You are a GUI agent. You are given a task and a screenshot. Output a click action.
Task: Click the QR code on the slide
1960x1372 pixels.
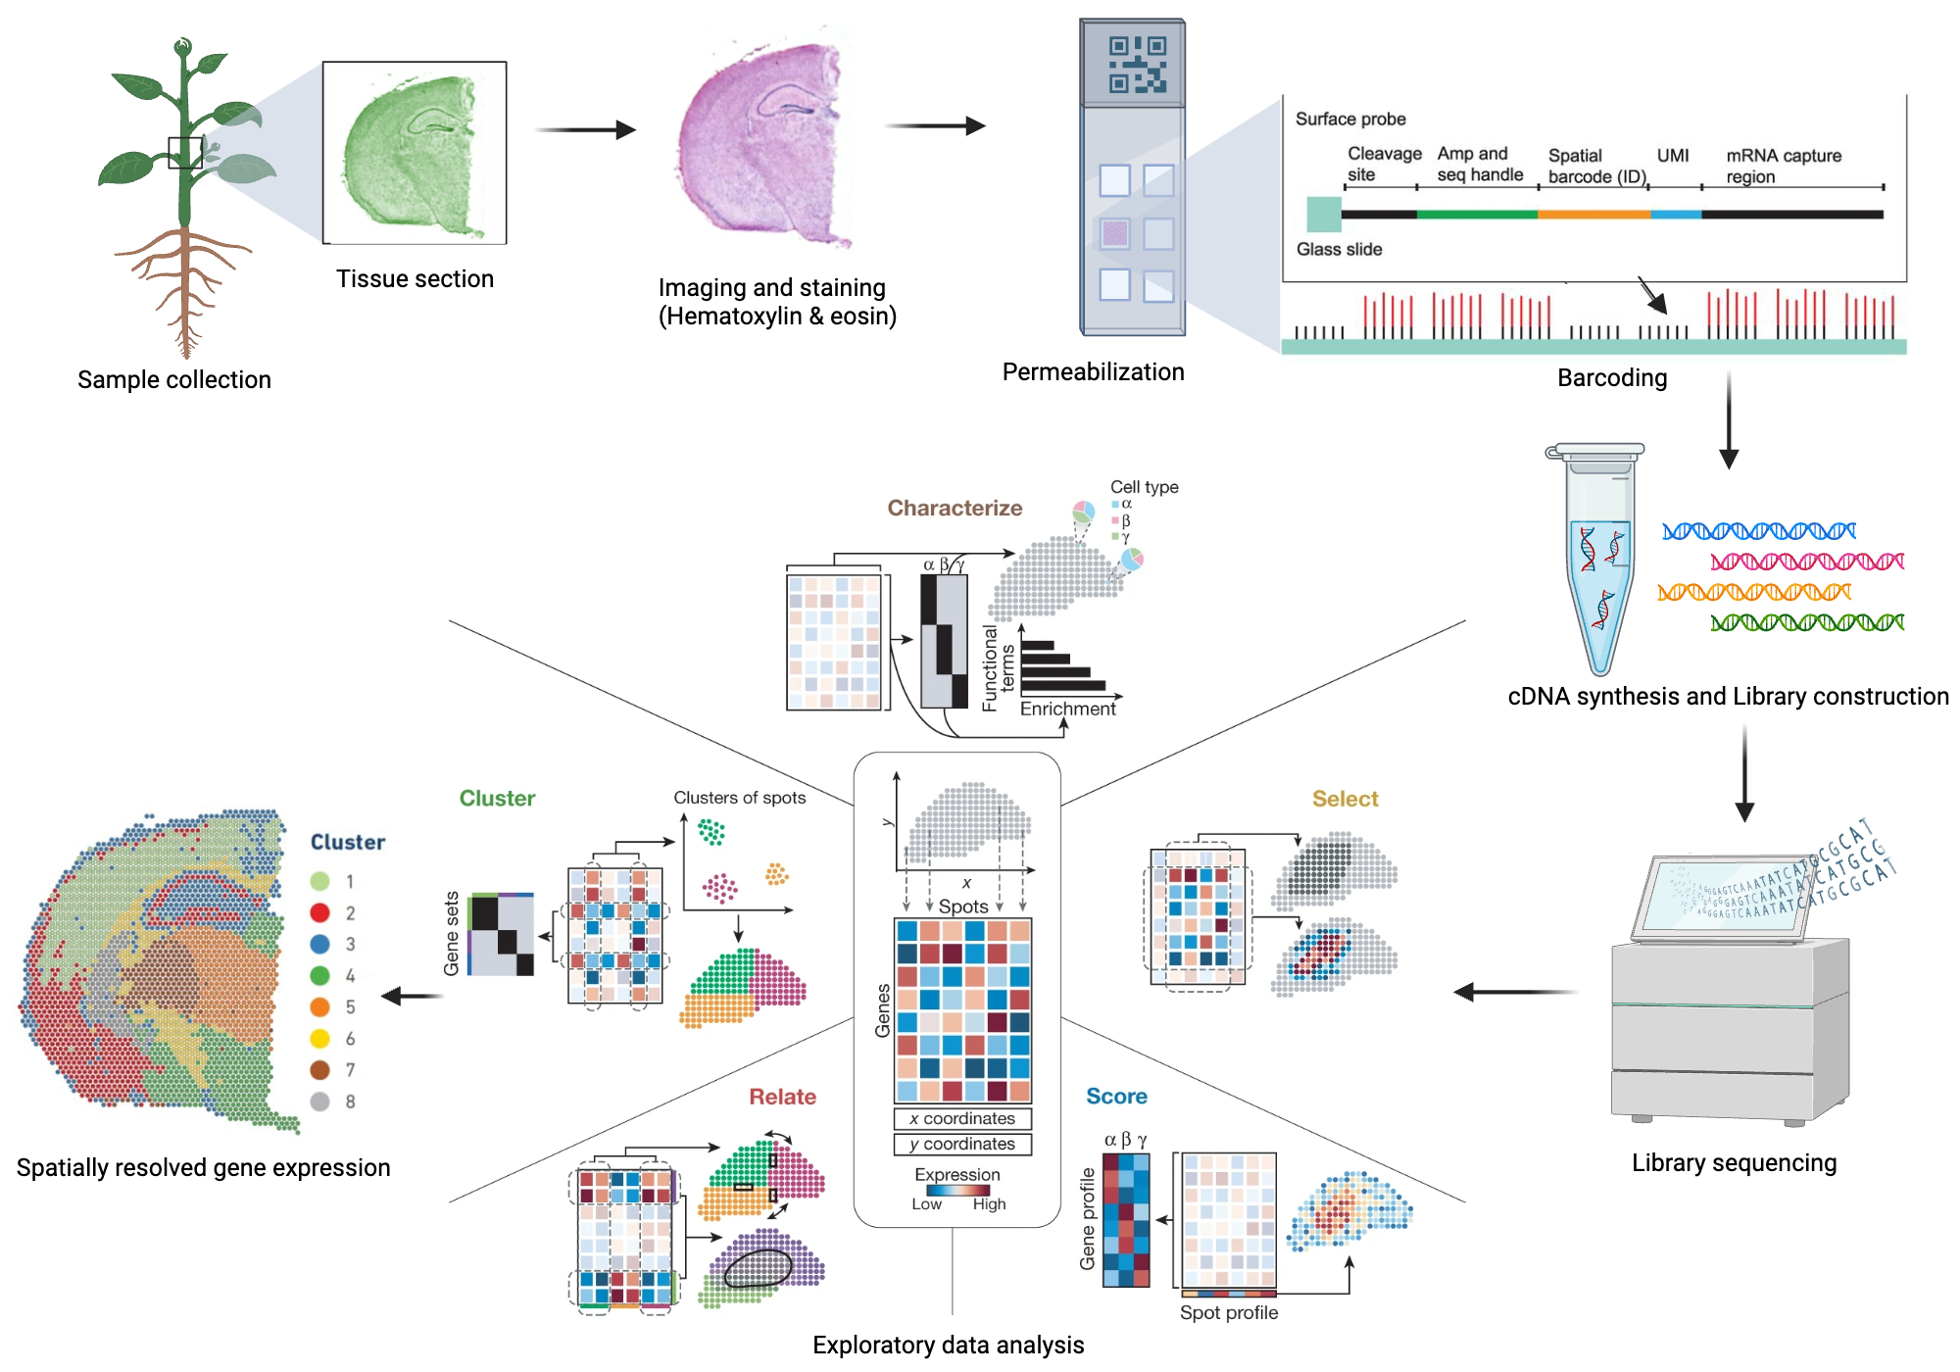point(1137,65)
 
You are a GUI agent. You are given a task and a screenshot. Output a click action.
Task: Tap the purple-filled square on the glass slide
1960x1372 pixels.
point(1115,233)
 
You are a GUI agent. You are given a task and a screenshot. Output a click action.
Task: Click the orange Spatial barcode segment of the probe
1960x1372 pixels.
point(1593,214)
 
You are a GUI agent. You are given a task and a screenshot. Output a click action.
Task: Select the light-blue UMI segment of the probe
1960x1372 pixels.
point(1675,214)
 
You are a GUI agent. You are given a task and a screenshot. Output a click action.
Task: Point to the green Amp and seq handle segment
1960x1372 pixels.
point(1477,214)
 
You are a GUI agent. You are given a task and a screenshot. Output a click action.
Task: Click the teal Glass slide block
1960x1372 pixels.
point(1323,214)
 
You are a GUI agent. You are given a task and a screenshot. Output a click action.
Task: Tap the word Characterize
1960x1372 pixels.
point(955,508)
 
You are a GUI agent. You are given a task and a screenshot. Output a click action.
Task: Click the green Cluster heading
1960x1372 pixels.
point(497,798)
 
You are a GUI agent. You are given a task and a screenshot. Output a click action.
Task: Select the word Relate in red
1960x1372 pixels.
point(782,1097)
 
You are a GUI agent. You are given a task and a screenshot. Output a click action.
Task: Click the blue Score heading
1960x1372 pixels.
point(1116,1097)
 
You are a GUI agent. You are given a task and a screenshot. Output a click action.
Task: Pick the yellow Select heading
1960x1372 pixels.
point(1345,799)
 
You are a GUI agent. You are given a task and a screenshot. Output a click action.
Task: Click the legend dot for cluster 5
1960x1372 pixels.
point(319,1006)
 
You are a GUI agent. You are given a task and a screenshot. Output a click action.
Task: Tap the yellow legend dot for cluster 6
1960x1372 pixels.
point(319,1038)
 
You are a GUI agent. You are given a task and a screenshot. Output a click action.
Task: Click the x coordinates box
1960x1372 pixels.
point(962,1118)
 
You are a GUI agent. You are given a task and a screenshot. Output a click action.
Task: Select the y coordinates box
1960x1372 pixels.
point(962,1144)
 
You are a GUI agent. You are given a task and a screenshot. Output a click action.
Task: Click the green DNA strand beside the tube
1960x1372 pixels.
point(1806,622)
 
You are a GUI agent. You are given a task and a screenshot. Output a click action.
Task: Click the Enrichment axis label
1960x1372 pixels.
point(1067,709)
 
